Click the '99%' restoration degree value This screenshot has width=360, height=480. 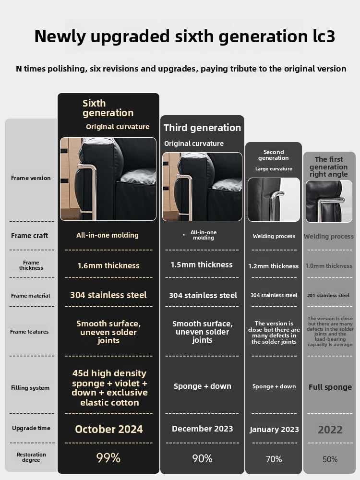(108, 457)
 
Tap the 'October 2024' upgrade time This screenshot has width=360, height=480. (108, 429)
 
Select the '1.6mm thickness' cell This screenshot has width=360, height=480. (108, 265)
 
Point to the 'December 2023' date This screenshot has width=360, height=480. (202, 429)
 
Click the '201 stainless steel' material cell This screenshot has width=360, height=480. (328, 295)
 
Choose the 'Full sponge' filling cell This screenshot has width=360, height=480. (330, 387)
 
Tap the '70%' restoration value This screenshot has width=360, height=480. (274, 459)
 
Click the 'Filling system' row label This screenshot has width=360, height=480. (30, 388)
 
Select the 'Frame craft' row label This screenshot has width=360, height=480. (30, 236)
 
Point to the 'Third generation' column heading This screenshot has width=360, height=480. (202, 128)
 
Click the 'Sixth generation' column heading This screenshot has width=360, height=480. (108, 108)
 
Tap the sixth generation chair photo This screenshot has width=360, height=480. (108, 179)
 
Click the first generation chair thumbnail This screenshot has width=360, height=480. (329, 201)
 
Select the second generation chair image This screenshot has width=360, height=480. (274, 199)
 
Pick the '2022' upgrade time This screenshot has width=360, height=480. (330, 429)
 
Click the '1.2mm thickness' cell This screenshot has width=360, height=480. (274, 266)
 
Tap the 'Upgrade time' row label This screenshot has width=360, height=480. (31, 428)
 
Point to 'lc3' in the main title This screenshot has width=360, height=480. (332, 36)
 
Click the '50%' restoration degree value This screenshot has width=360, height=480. (330, 459)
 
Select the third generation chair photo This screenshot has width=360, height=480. (202, 187)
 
